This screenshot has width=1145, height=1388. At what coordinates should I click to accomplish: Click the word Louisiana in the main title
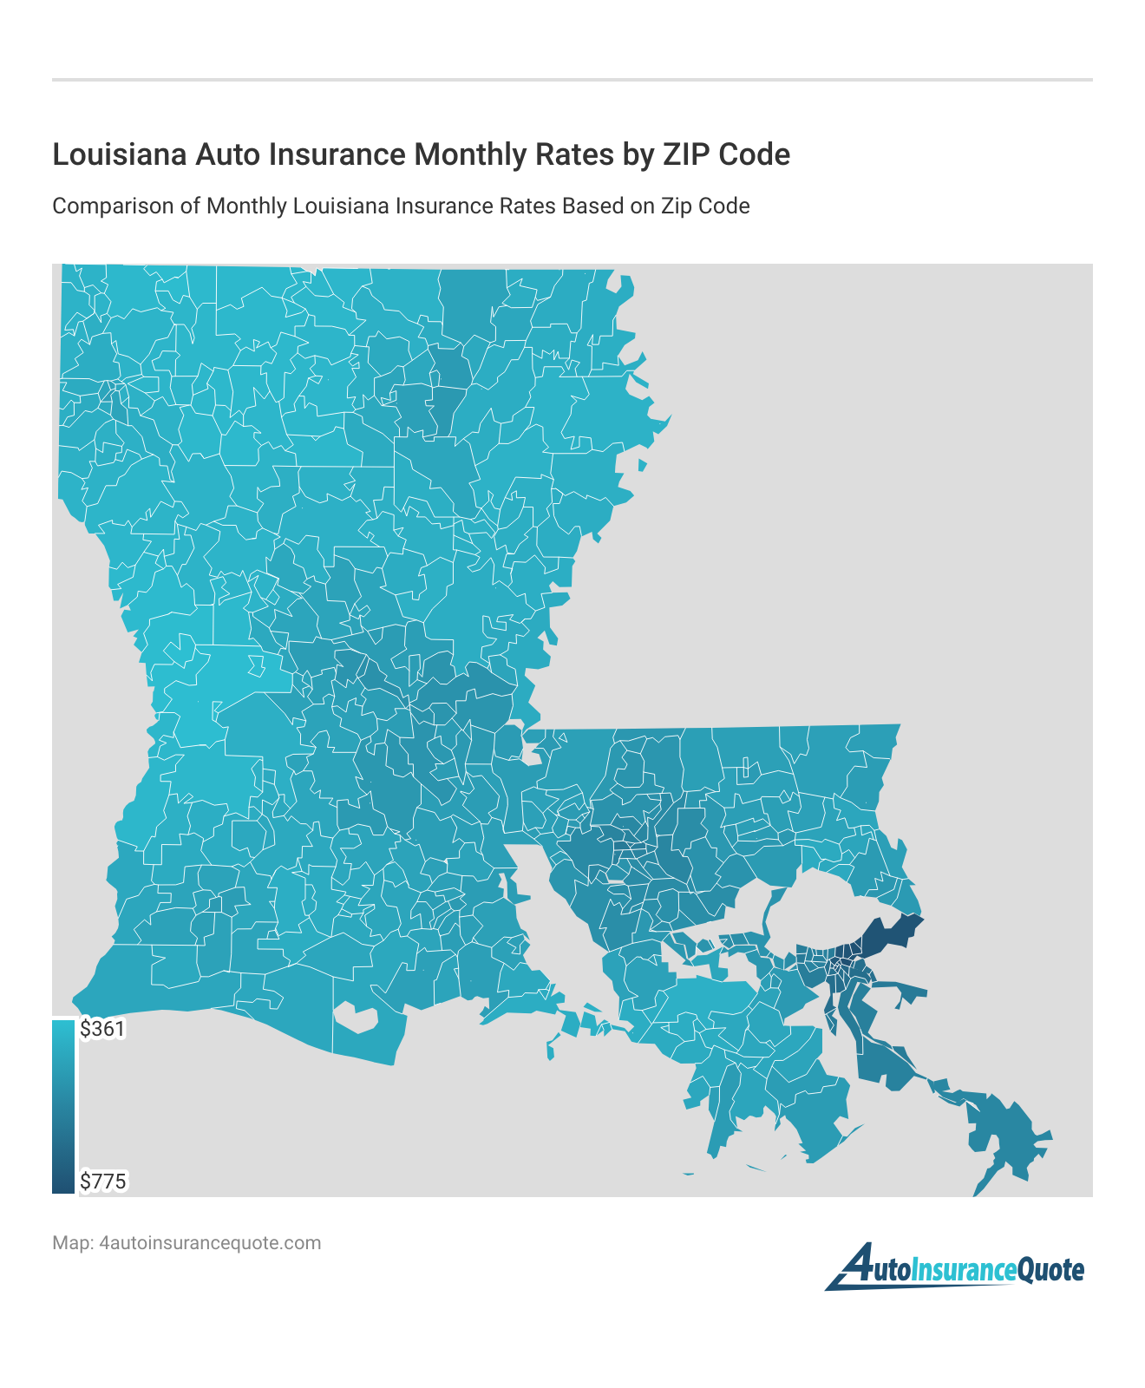tap(119, 154)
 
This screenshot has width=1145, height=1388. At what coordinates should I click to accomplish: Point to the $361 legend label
tap(102, 1029)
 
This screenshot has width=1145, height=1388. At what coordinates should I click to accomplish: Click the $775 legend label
tap(103, 1181)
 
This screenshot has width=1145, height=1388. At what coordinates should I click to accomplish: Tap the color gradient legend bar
tap(63, 1106)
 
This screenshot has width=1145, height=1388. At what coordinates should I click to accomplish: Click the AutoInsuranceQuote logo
tap(955, 1269)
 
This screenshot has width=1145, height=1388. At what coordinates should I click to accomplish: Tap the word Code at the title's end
tap(755, 154)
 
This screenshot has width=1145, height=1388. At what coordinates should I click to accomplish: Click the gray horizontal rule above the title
tap(572, 80)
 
